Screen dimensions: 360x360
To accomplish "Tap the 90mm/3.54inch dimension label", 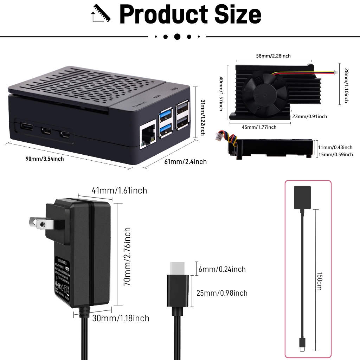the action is tap(45, 159).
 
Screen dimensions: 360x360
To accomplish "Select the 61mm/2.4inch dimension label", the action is tap(186, 161).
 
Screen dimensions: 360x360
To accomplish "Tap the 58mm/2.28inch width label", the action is tap(273, 56).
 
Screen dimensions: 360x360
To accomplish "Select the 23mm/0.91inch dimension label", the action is tap(309, 116).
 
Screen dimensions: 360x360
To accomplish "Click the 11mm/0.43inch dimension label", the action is tap(335, 147).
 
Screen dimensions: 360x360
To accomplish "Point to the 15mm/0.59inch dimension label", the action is tap(335, 154).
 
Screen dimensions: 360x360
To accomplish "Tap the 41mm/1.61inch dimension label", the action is tap(119, 191).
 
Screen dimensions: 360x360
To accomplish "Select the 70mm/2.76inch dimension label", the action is tap(127, 256).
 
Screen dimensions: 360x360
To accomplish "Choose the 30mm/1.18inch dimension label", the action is tap(121, 319).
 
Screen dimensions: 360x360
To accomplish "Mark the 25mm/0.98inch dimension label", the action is tap(222, 293).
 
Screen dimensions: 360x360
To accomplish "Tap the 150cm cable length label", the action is tap(320, 281).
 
